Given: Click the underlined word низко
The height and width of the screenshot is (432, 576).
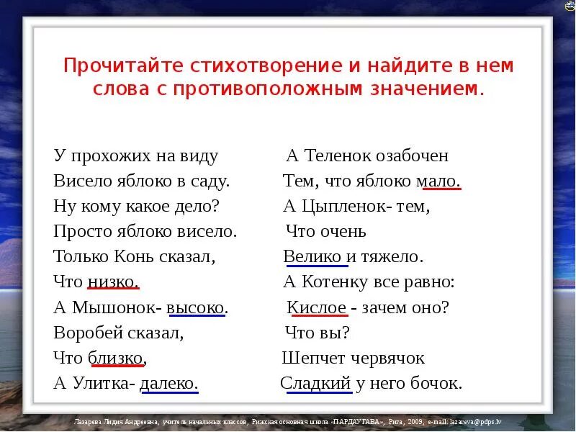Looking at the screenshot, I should tap(113, 282).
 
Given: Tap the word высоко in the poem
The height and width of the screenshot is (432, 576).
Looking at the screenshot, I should tap(197, 307).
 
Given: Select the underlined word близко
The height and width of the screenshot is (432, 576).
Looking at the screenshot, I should tap(117, 357).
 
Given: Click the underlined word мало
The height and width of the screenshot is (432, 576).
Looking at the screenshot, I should tap(441, 181).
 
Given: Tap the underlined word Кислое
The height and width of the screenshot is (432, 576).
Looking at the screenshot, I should tap(317, 307).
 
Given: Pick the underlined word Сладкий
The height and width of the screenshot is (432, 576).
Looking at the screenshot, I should tap(315, 383).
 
